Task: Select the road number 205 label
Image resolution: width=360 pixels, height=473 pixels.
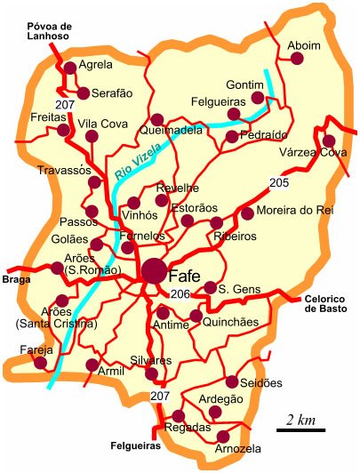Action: tap(279, 183)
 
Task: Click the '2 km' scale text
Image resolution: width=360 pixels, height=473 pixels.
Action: tap(299, 419)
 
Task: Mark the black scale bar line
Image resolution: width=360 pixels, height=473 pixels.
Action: tap(299, 430)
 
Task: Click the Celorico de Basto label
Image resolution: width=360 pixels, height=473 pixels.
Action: tap(328, 303)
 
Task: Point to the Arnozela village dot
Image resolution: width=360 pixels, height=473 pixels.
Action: tap(223, 437)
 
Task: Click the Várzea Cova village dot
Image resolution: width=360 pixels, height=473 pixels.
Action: tap(329, 140)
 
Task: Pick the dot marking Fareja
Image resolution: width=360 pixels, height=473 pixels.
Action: tap(39, 363)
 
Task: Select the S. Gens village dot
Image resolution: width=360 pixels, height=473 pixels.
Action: tap(210, 287)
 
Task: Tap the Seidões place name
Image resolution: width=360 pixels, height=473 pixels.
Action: tap(261, 382)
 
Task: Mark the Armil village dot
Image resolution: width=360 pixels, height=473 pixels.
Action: tap(92, 365)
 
